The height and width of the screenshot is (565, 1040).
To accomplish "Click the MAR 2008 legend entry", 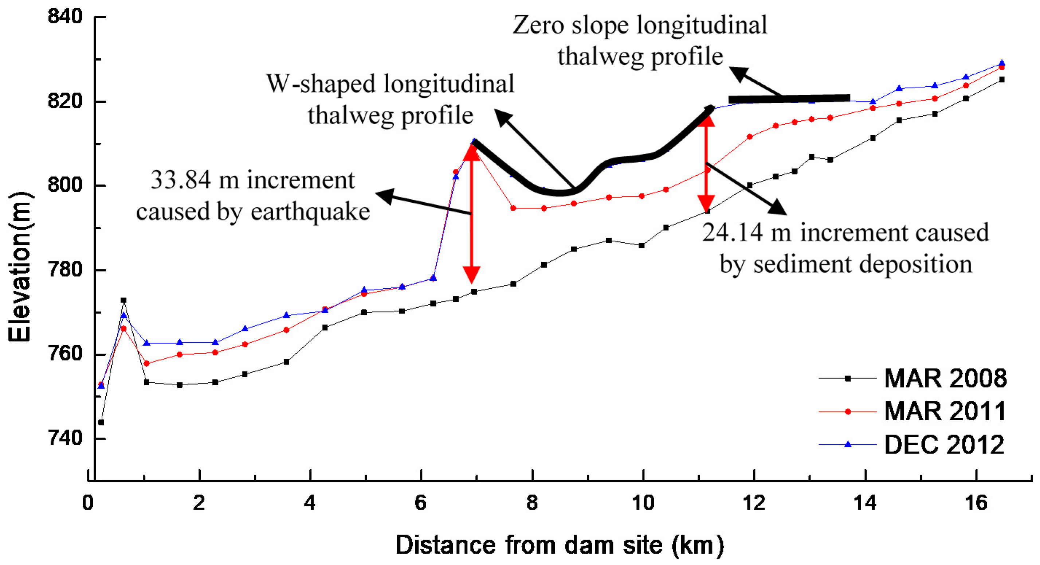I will pos(945,378).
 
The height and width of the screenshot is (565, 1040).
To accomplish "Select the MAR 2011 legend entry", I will pos(945,411).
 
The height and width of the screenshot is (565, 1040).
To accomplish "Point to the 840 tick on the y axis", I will pos(64,17).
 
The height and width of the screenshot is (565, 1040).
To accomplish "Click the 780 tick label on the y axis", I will pos(64,270).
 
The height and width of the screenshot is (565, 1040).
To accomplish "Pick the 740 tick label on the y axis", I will pos(64,438).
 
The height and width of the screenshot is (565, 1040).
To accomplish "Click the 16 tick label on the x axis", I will pos(976,503).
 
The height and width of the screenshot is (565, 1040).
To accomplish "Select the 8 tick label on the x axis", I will pos(532,503).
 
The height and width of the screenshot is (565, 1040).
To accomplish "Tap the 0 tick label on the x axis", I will pos(88,503).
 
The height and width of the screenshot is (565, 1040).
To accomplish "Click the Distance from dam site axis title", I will pos(560,545).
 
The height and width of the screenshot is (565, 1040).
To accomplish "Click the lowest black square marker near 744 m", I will pos(101,422).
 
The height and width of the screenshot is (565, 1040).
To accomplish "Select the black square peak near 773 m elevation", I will pos(123,300).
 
